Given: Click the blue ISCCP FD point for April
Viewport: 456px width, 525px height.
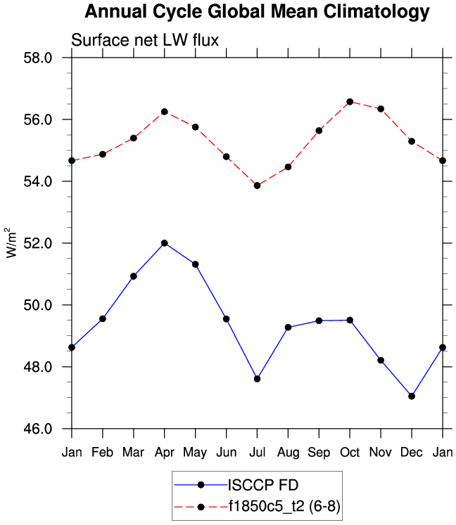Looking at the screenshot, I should click(x=164, y=243).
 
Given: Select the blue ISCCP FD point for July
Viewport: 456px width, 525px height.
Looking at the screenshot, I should click(x=257, y=379).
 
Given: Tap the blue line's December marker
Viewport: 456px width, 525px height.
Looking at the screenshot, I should click(x=412, y=396).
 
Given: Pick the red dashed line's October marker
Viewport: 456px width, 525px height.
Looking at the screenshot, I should click(x=350, y=101).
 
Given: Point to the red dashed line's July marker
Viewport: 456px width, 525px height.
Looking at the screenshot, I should click(x=257, y=186).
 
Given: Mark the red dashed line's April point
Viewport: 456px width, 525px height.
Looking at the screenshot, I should click(x=164, y=112).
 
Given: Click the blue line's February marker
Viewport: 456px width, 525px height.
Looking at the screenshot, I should click(x=102, y=318).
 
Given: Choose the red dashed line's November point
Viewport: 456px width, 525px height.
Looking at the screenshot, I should click(x=381, y=109).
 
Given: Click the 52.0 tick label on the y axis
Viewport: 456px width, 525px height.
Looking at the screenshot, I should click(x=38, y=243).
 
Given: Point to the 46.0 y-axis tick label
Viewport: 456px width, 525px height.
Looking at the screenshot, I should click(x=38, y=429).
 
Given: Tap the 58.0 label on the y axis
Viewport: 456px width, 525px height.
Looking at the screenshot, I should click(x=38, y=58).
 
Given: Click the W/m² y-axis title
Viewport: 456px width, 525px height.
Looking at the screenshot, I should click(x=12, y=243).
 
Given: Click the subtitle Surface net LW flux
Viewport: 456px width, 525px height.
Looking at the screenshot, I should click(x=146, y=41).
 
